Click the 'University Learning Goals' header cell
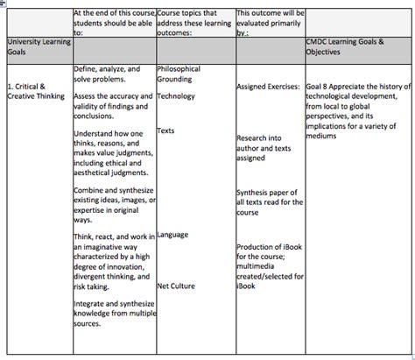35,46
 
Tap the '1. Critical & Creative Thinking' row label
35,90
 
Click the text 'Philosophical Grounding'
179,74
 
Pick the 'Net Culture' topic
176,286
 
